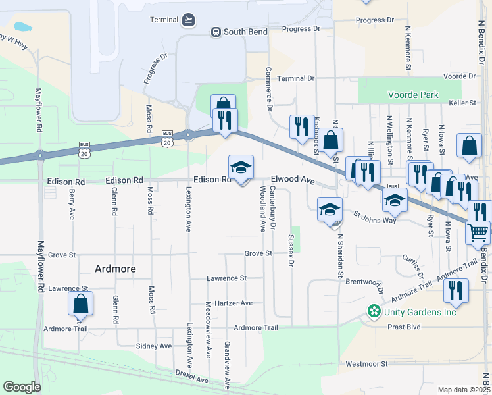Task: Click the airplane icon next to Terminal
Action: pyautogui.click(x=189, y=18)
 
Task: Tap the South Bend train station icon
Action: pyautogui.click(x=215, y=32)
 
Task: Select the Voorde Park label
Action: pyautogui.click(x=413, y=95)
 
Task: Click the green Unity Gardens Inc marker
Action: pyautogui.click(x=374, y=311)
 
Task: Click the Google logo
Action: pyautogui.click(x=22, y=387)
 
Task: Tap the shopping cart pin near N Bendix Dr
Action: pyautogui.click(x=478, y=231)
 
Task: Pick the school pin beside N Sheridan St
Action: pyautogui.click(x=330, y=209)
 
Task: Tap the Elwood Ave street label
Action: pyautogui.click(x=293, y=179)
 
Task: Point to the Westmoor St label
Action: pyautogui.click(x=366, y=363)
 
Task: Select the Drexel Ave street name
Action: pyautogui.click(x=191, y=380)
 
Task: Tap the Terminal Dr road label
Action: pyautogui.click(x=295, y=78)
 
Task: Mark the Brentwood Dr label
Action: pyautogui.click(x=360, y=280)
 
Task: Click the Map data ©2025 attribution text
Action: pyautogui.click(x=463, y=390)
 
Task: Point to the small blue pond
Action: pyautogui.click(x=22, y=27)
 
